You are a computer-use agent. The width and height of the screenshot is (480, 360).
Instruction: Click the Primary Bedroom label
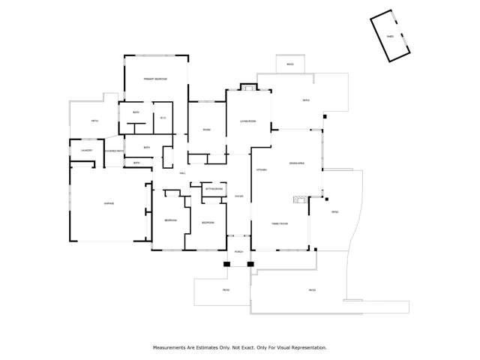point(156,79)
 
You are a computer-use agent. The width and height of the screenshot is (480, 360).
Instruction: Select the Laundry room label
point(86,151)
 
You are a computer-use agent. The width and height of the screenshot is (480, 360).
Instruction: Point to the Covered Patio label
point(114,151)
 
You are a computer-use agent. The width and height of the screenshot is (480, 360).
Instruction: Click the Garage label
point(109,203)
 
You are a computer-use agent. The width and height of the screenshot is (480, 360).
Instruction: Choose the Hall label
point(182,174)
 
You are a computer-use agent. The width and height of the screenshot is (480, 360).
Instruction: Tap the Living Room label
point(247,121)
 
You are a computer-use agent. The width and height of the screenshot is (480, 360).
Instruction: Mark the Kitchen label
point(262,170)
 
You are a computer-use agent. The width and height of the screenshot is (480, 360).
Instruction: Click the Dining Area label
point(296,163)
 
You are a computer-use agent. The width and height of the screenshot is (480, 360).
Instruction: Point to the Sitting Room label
point(215,189)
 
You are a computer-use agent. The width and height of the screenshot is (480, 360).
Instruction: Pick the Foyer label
point(238,196)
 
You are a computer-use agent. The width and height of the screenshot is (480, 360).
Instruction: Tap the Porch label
point(238,252)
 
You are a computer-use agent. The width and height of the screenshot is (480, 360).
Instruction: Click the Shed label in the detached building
point(390,36)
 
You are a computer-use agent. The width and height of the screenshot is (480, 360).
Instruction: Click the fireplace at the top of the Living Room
point(248,88)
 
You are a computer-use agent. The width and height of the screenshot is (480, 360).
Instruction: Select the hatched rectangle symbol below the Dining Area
point(301,199)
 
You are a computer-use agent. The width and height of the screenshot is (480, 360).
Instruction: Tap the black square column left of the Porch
point(226,264)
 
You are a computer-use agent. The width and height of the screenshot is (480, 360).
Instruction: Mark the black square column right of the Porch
point(250,264)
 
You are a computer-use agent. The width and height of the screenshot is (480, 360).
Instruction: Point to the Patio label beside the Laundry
point(94,121)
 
